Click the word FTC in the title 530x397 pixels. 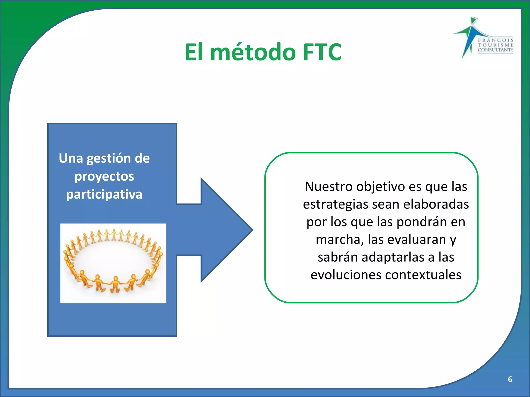[322, 52]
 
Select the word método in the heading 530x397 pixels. [253, 52]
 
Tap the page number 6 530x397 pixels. [510, 379]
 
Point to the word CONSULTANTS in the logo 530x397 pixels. [495, 50]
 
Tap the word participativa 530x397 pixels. [104, 194]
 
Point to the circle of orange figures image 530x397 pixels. [113, 263]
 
